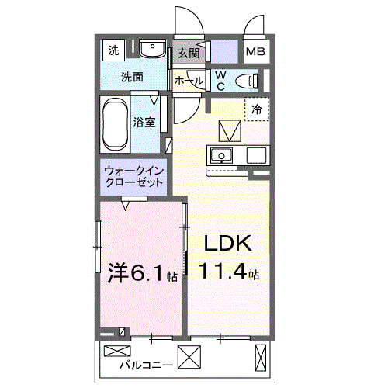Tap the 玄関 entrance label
pos(188,53)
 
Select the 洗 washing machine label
pos(113,51)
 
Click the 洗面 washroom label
pos(131,77)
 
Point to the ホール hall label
pos(189,80)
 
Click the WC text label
pos(220,79)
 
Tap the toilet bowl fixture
pos(248,80)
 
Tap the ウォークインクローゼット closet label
pos(133,177)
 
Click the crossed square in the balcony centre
pos(189,357)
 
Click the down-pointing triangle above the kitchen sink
pos(230,129)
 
